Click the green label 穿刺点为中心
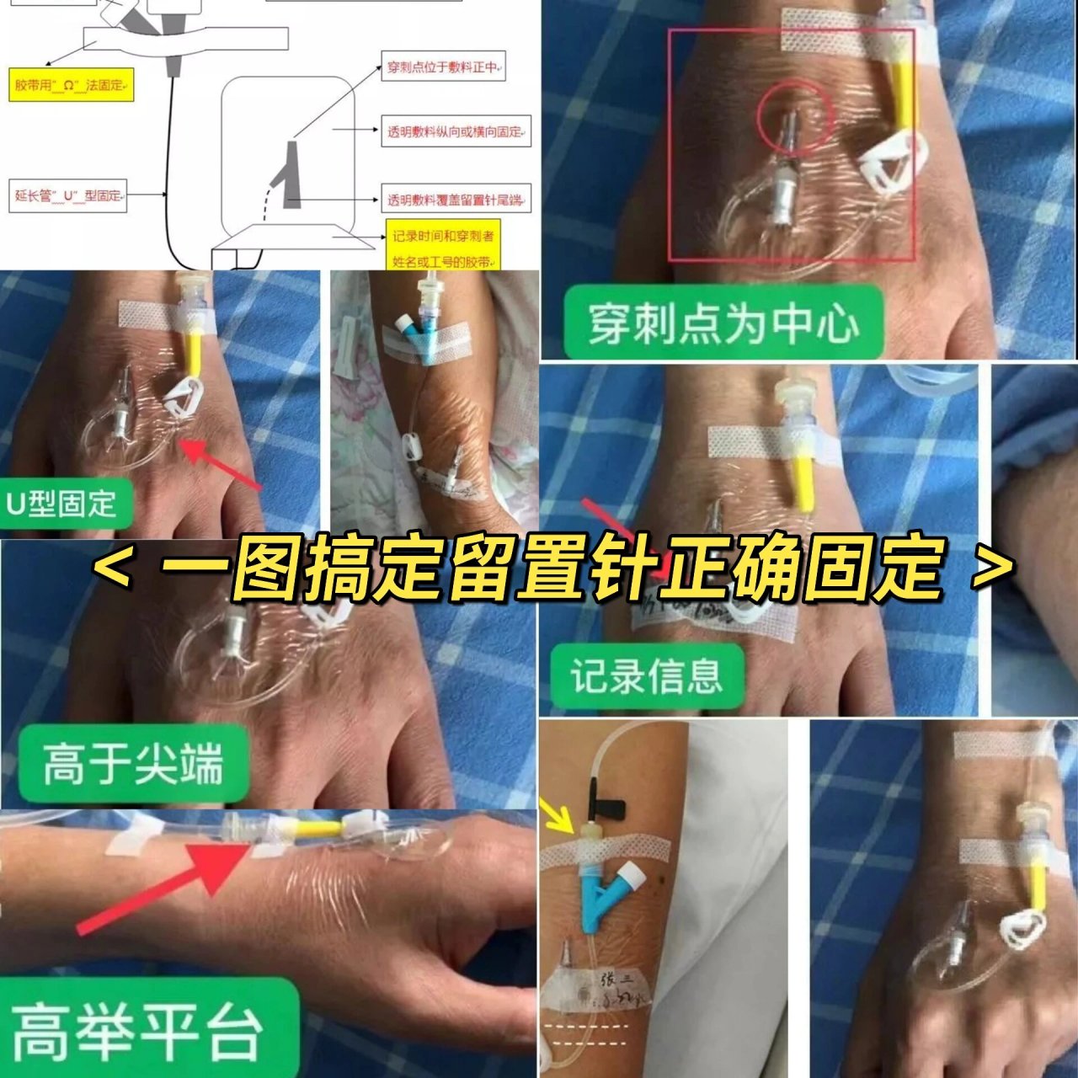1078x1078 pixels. tap(723, 323)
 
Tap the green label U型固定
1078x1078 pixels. tap(61, 504)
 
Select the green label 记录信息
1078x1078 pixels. tap(646, 675)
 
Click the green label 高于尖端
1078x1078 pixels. tap(132, 763)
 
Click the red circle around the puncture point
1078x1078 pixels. tap(793, 120)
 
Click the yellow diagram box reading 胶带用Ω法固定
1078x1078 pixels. tap(71, 86)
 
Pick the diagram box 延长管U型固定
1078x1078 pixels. tap(68, 195)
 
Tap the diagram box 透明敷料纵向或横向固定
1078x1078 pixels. tap(456, 132)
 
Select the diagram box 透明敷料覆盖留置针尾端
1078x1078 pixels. tap(456, 200)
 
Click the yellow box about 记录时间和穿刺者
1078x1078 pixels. tap(444, 248)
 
